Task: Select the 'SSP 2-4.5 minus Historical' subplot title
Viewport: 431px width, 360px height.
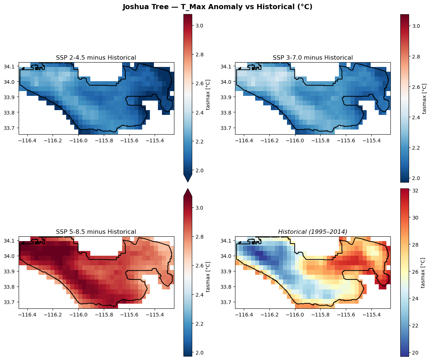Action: coord(96,57)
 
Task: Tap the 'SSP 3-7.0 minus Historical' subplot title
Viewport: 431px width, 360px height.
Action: coord(313,57)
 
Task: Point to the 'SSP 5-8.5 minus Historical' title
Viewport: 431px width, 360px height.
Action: coord(96,232)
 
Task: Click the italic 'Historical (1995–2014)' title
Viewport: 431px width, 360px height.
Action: coord(313,232)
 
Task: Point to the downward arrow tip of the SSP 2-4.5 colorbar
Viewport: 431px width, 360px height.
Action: coord(188,181)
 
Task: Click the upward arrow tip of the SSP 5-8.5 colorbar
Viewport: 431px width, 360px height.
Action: coord(188,190)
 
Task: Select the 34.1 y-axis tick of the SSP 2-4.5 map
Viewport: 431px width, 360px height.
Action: coord(11,66)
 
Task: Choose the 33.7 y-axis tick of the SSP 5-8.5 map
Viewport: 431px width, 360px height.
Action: coord(11,302)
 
